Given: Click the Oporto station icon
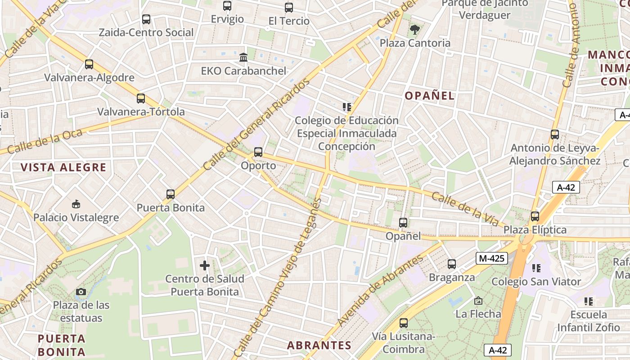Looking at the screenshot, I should click(x=258, y=152).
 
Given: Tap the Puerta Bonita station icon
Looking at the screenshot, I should click(x=171, y=194).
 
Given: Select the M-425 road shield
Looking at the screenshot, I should click(x=492, y=258).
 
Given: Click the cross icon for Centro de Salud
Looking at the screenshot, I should click(x=205, y=265).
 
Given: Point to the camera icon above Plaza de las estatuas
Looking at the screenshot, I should click(x=81, y=292).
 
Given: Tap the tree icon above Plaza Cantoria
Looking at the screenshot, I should click(x=414, y=30).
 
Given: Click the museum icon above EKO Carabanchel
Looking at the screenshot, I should click(x=243, y=58).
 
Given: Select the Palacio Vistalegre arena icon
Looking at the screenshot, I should click(x=76, y=204).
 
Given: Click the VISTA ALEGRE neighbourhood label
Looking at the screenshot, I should click(x=63, y=168).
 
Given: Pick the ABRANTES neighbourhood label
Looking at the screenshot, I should click(x=319, y=346).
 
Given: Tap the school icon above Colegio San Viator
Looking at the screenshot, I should click(x=536, y=268).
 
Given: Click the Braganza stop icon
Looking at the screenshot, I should click(x=452, y=264).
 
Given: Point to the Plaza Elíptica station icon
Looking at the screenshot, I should click(x=535, y=216).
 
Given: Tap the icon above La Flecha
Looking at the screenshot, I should click(x=478, y=301).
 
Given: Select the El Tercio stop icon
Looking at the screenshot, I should click(x=289, y=8).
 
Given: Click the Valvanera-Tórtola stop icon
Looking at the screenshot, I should click(x=141, y=99).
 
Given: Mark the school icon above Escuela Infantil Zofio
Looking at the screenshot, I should click(x=588, y=301).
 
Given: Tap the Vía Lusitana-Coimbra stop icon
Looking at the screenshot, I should click(x=404, y=323).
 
